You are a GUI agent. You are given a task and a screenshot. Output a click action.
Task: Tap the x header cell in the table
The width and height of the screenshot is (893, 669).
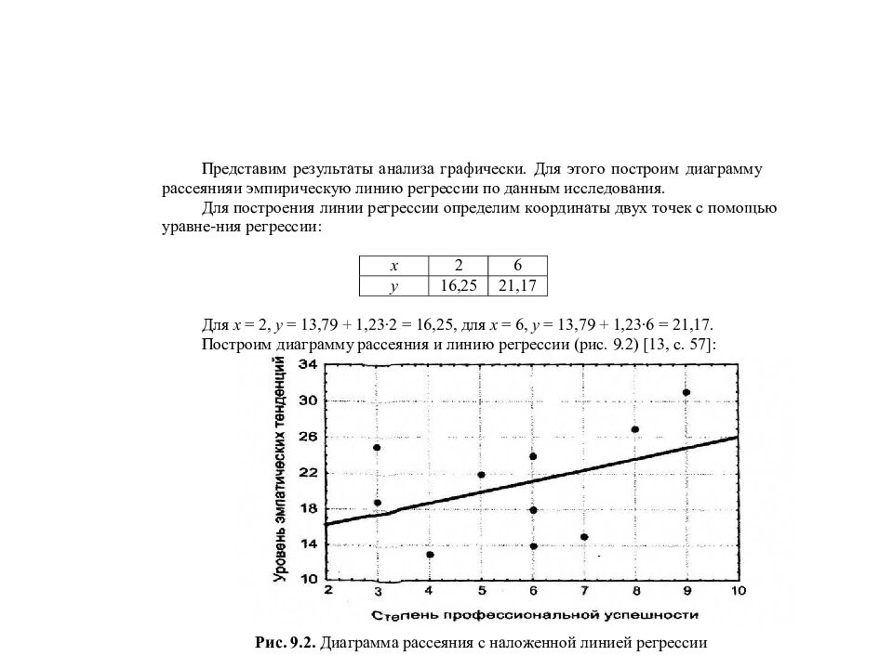coord(393,265)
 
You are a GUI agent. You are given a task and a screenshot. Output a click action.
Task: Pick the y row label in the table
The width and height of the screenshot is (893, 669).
coord(393,286)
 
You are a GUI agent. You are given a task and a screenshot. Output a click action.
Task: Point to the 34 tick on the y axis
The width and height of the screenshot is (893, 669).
coord(308,365)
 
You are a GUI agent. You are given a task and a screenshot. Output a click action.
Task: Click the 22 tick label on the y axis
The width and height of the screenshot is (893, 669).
coord(308,473)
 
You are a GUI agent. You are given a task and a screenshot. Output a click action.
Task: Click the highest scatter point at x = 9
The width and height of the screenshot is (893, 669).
coord(686,392)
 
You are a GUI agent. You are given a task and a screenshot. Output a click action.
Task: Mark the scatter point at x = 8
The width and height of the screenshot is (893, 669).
coord(634,429)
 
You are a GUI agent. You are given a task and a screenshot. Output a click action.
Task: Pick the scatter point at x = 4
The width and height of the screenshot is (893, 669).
coord(430,555)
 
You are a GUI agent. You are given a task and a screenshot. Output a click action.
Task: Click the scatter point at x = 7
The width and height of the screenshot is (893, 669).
coord(583,537)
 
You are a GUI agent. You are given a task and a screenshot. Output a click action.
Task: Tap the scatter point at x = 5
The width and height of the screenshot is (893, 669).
coord(481,475)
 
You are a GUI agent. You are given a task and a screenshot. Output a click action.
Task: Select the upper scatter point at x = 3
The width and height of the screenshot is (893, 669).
coord(377,448)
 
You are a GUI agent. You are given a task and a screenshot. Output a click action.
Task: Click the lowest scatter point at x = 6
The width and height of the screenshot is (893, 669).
coord(533,546)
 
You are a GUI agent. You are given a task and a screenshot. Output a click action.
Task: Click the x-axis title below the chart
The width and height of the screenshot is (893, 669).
coord(534,615)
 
